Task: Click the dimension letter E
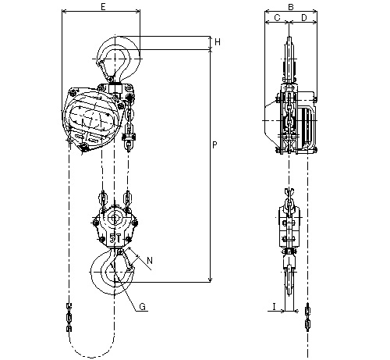coord(103,7)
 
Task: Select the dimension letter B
coord(291,7)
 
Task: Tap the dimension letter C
coord(277,18)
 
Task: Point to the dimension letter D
coord(303,18)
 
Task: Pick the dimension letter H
coord(218,42)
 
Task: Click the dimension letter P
coord(214,145)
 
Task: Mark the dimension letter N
coord(150,260)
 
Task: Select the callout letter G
coord(143,307)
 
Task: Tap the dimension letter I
coord(274,307)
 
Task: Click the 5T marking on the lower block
coord(115,238)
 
